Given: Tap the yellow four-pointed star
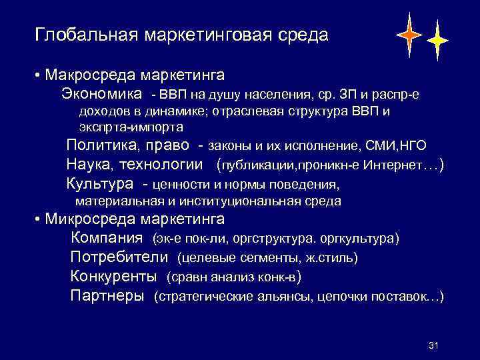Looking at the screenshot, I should tap(437, 41).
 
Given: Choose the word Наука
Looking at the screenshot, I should tap(90, 164).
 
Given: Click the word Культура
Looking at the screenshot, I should tap(100, 183).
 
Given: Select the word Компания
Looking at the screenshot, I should tap(107, 237).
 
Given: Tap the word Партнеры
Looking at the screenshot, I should tap(107, 295).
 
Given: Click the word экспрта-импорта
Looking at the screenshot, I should tap(131, 126).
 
